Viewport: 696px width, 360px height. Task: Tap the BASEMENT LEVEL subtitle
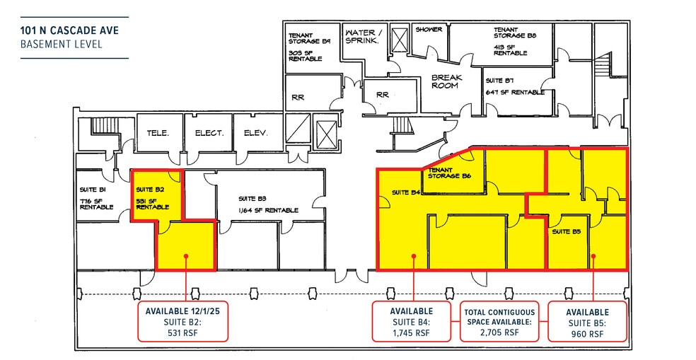click(x=61, y=44)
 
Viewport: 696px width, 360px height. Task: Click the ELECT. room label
click(x=209, y=133)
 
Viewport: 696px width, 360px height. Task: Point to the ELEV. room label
click(x=255, y=133)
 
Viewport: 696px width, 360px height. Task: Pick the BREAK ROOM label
click(x=445, y=81)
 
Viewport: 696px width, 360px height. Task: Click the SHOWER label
click(x=429, y=30)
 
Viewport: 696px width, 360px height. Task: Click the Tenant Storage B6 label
click(x=450, y=173)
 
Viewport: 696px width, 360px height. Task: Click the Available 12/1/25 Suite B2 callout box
click(x=185, y=321)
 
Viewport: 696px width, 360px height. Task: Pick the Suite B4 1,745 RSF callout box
click(x=411, y=321)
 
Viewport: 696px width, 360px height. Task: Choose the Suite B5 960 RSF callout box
click(x=587, y=321)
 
